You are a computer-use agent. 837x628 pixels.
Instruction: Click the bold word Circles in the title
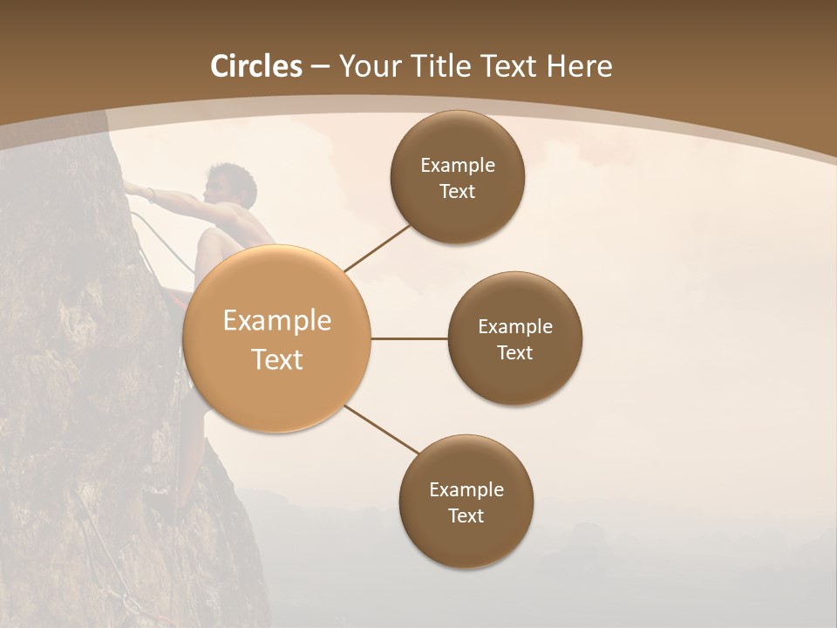[x=256, y=66]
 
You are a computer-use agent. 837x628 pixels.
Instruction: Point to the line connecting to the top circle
[x=378, y=248]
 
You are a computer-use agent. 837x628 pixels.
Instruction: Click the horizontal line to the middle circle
[x=410, y=338]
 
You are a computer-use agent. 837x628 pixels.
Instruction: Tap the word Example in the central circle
[x=277, y=321]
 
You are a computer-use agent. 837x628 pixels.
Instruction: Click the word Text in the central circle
[x=277, y=359]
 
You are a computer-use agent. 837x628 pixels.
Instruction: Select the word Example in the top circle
[x=458, y=166]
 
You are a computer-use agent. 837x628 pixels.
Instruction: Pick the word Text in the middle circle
[x=514, y=353]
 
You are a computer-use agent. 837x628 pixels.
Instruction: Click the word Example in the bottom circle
[x=466, y=490]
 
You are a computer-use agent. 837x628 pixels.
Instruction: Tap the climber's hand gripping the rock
[x=132, y=187]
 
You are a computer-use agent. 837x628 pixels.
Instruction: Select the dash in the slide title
[x=319, y=67]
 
